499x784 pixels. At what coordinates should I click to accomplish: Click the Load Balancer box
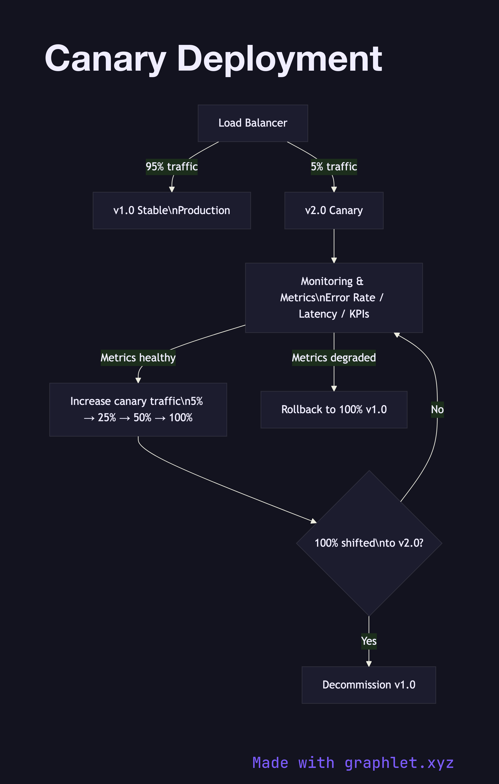253,123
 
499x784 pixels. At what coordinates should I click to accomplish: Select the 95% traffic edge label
172,167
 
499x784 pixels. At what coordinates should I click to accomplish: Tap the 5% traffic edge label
334,167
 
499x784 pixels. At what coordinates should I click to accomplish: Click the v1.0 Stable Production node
172,210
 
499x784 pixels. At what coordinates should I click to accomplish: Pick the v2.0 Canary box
334,210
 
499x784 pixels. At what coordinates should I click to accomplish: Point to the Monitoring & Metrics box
334,298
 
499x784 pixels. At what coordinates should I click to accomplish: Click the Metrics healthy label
138,357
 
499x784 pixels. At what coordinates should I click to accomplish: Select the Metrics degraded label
334,357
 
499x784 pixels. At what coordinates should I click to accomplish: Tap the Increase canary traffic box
138,409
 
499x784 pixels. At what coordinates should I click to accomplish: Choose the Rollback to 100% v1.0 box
334,409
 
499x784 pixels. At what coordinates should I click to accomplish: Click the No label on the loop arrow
437,409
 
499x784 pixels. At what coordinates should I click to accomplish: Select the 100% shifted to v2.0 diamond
369,543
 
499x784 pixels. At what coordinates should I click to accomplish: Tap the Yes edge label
369,641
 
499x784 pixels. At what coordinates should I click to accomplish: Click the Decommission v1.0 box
369,685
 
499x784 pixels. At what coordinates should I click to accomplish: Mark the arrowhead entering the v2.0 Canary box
334,189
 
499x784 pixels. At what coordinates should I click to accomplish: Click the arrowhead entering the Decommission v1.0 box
369,664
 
